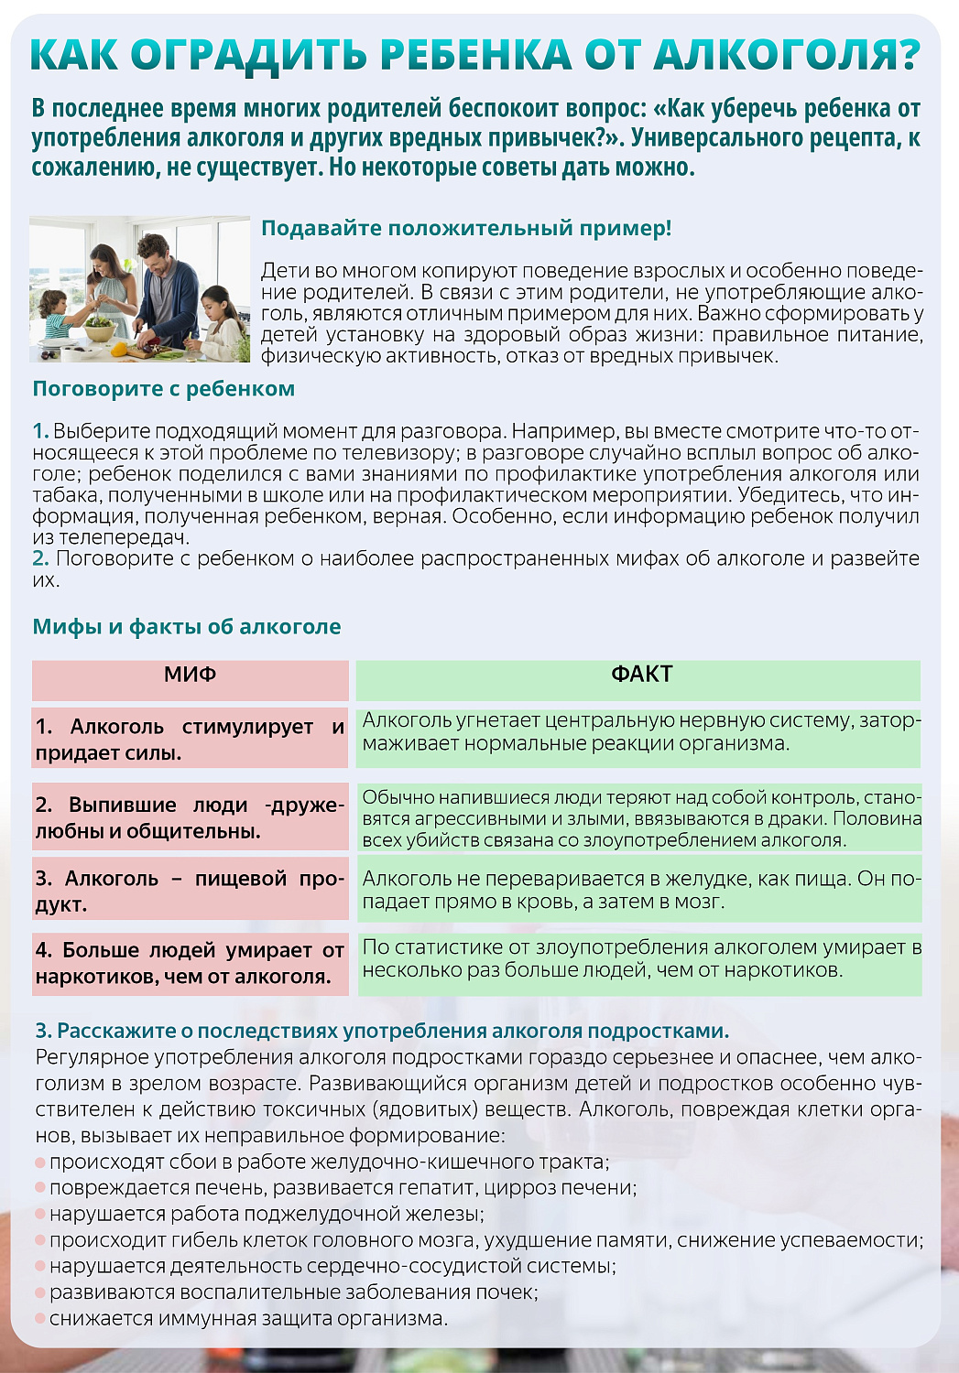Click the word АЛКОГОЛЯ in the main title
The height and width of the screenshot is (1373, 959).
point(786,55)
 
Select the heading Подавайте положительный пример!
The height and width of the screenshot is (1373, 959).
point(466,228)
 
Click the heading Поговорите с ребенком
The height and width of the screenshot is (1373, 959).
point(163,388)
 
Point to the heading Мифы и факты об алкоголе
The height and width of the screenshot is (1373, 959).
point(186,627)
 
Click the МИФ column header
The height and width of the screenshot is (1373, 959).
point(190,675)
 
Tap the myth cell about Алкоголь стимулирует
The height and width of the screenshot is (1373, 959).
point(190,739)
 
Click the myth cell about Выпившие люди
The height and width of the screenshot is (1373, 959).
point(190,817)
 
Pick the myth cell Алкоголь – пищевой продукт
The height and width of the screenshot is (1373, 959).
point(190,891)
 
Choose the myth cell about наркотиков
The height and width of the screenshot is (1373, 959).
point(190,963)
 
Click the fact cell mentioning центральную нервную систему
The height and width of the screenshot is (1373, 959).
point(638,732)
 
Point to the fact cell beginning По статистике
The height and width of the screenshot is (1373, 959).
point(638,958)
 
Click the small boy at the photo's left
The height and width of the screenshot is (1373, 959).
point(53,311)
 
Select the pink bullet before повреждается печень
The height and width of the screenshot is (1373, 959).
point(40,1188)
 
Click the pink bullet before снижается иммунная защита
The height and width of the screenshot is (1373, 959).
point(40,1319)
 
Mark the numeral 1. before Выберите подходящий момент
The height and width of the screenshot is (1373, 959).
point(40,431)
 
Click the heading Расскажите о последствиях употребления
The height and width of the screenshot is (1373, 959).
point(382,1031)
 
